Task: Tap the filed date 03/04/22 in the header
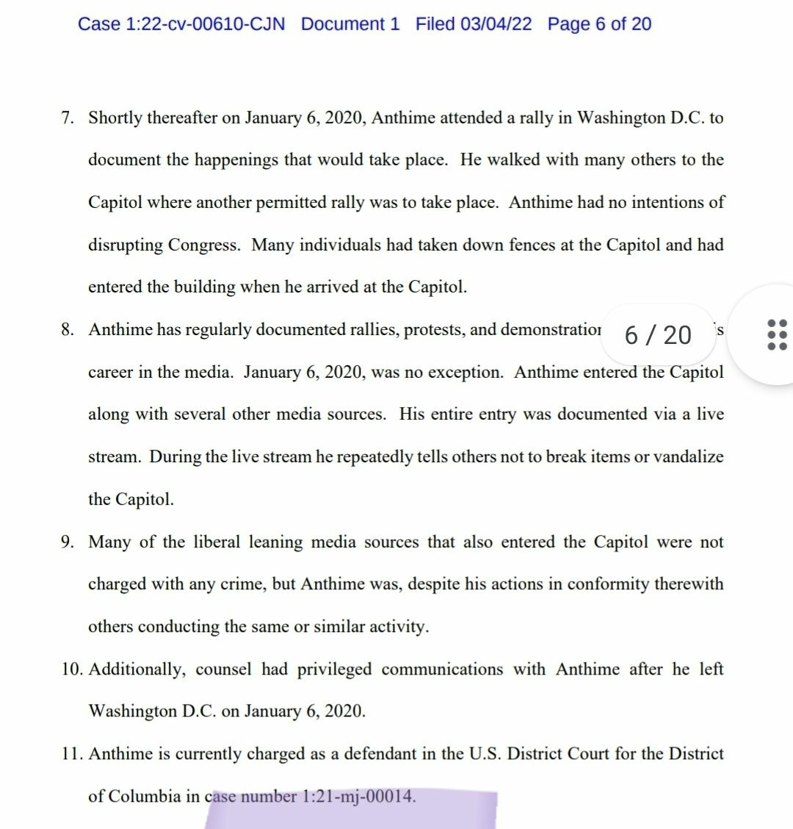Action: point(496,24)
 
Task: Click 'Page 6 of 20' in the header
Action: point(599,24)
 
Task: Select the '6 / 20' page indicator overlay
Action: point(658,335)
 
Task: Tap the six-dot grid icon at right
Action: point(777,334)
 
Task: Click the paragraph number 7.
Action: point(68,118)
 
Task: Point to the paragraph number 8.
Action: point(68,330)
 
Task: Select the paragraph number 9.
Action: point(68,542)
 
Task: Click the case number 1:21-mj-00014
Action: point(358,797)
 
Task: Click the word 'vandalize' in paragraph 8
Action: point(688,457)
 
